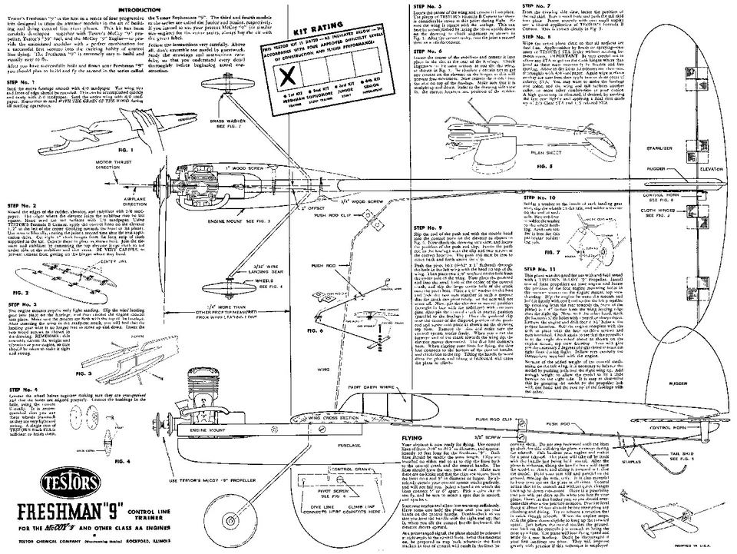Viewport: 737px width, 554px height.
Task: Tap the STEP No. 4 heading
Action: pos(24,389)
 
